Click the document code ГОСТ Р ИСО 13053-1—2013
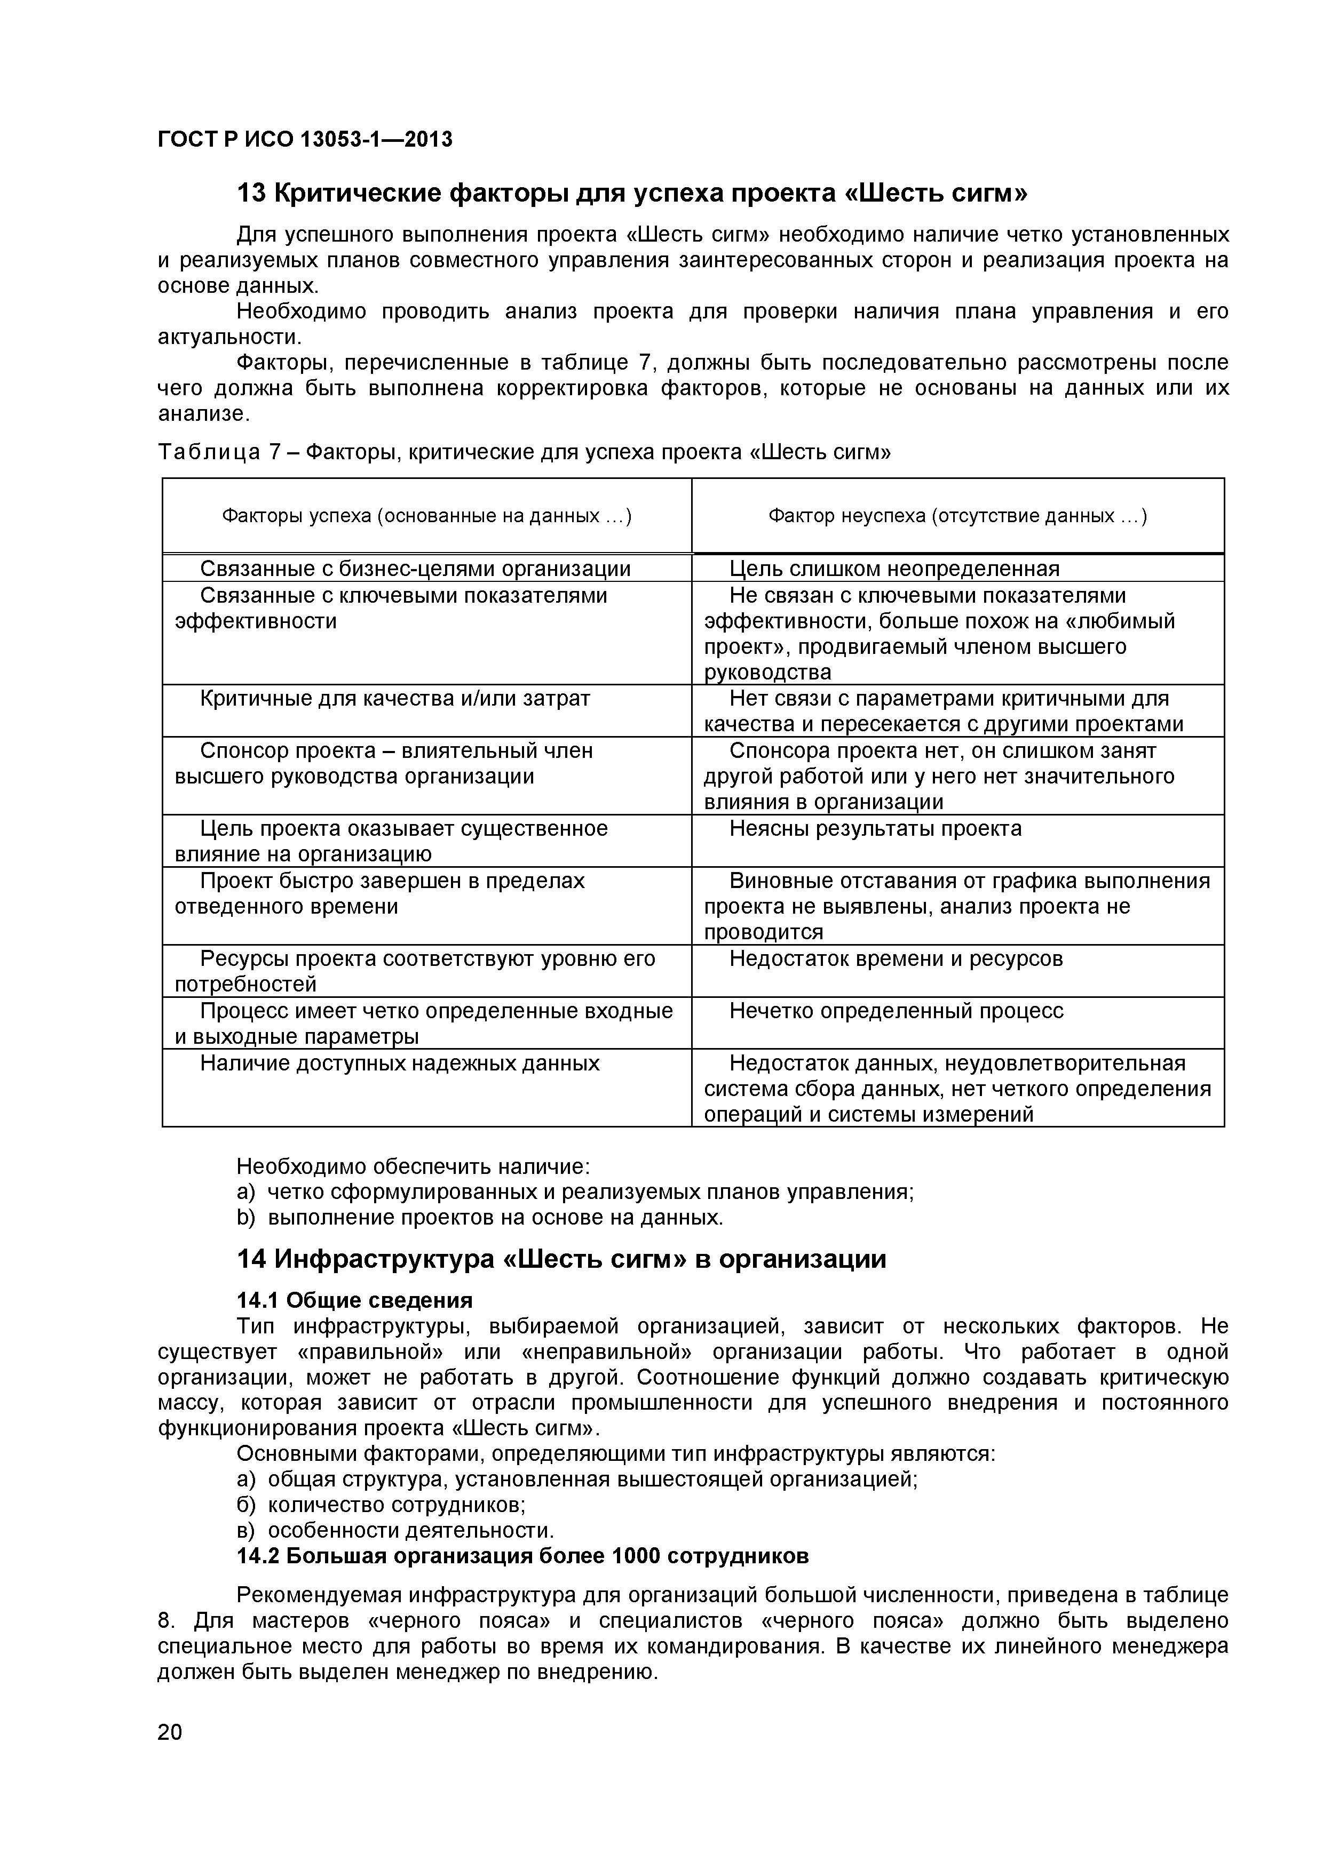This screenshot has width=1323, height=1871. click(x=304, y=140)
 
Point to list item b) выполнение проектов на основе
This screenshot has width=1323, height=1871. click(x=479, y=1218)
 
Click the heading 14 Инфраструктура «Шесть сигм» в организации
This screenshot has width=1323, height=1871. click(x=561, y=1259)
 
